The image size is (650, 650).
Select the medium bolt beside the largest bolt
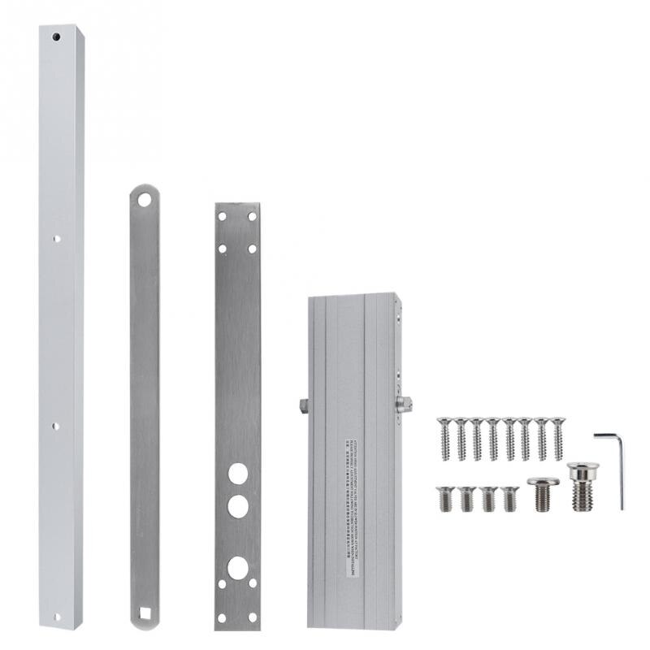543,493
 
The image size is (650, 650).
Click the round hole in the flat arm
144,199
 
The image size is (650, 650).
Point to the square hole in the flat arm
144,612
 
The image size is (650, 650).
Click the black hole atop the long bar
56,37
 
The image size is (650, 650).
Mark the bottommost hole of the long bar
56,616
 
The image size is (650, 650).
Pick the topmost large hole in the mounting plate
237,473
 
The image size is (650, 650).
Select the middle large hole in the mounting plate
237,506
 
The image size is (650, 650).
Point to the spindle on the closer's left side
304,405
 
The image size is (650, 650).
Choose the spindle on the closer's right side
404,404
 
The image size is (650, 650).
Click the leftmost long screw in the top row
444,439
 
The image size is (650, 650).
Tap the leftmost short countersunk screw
445,498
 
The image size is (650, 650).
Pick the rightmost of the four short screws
509,498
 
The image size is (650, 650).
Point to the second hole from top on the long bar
56,239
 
